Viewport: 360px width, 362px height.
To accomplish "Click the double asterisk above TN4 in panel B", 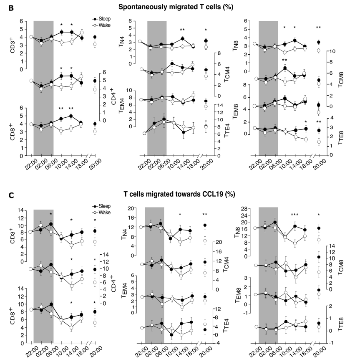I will click(x=182, y=30).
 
